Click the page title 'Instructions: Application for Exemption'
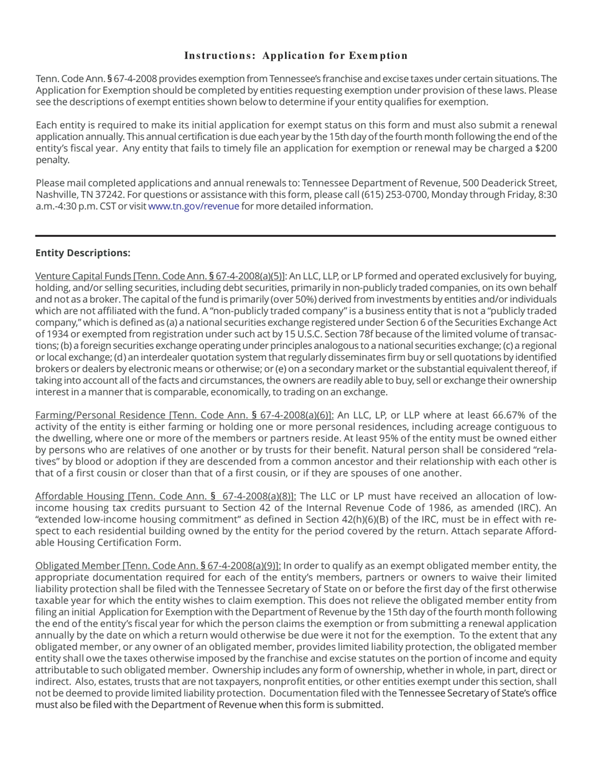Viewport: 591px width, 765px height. click(x=295, y=56)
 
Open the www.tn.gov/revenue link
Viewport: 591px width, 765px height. click(x=193, y=206)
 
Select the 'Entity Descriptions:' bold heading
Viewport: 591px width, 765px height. click(x=83, y=253)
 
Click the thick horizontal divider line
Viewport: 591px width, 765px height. click(x=295, y=236)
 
